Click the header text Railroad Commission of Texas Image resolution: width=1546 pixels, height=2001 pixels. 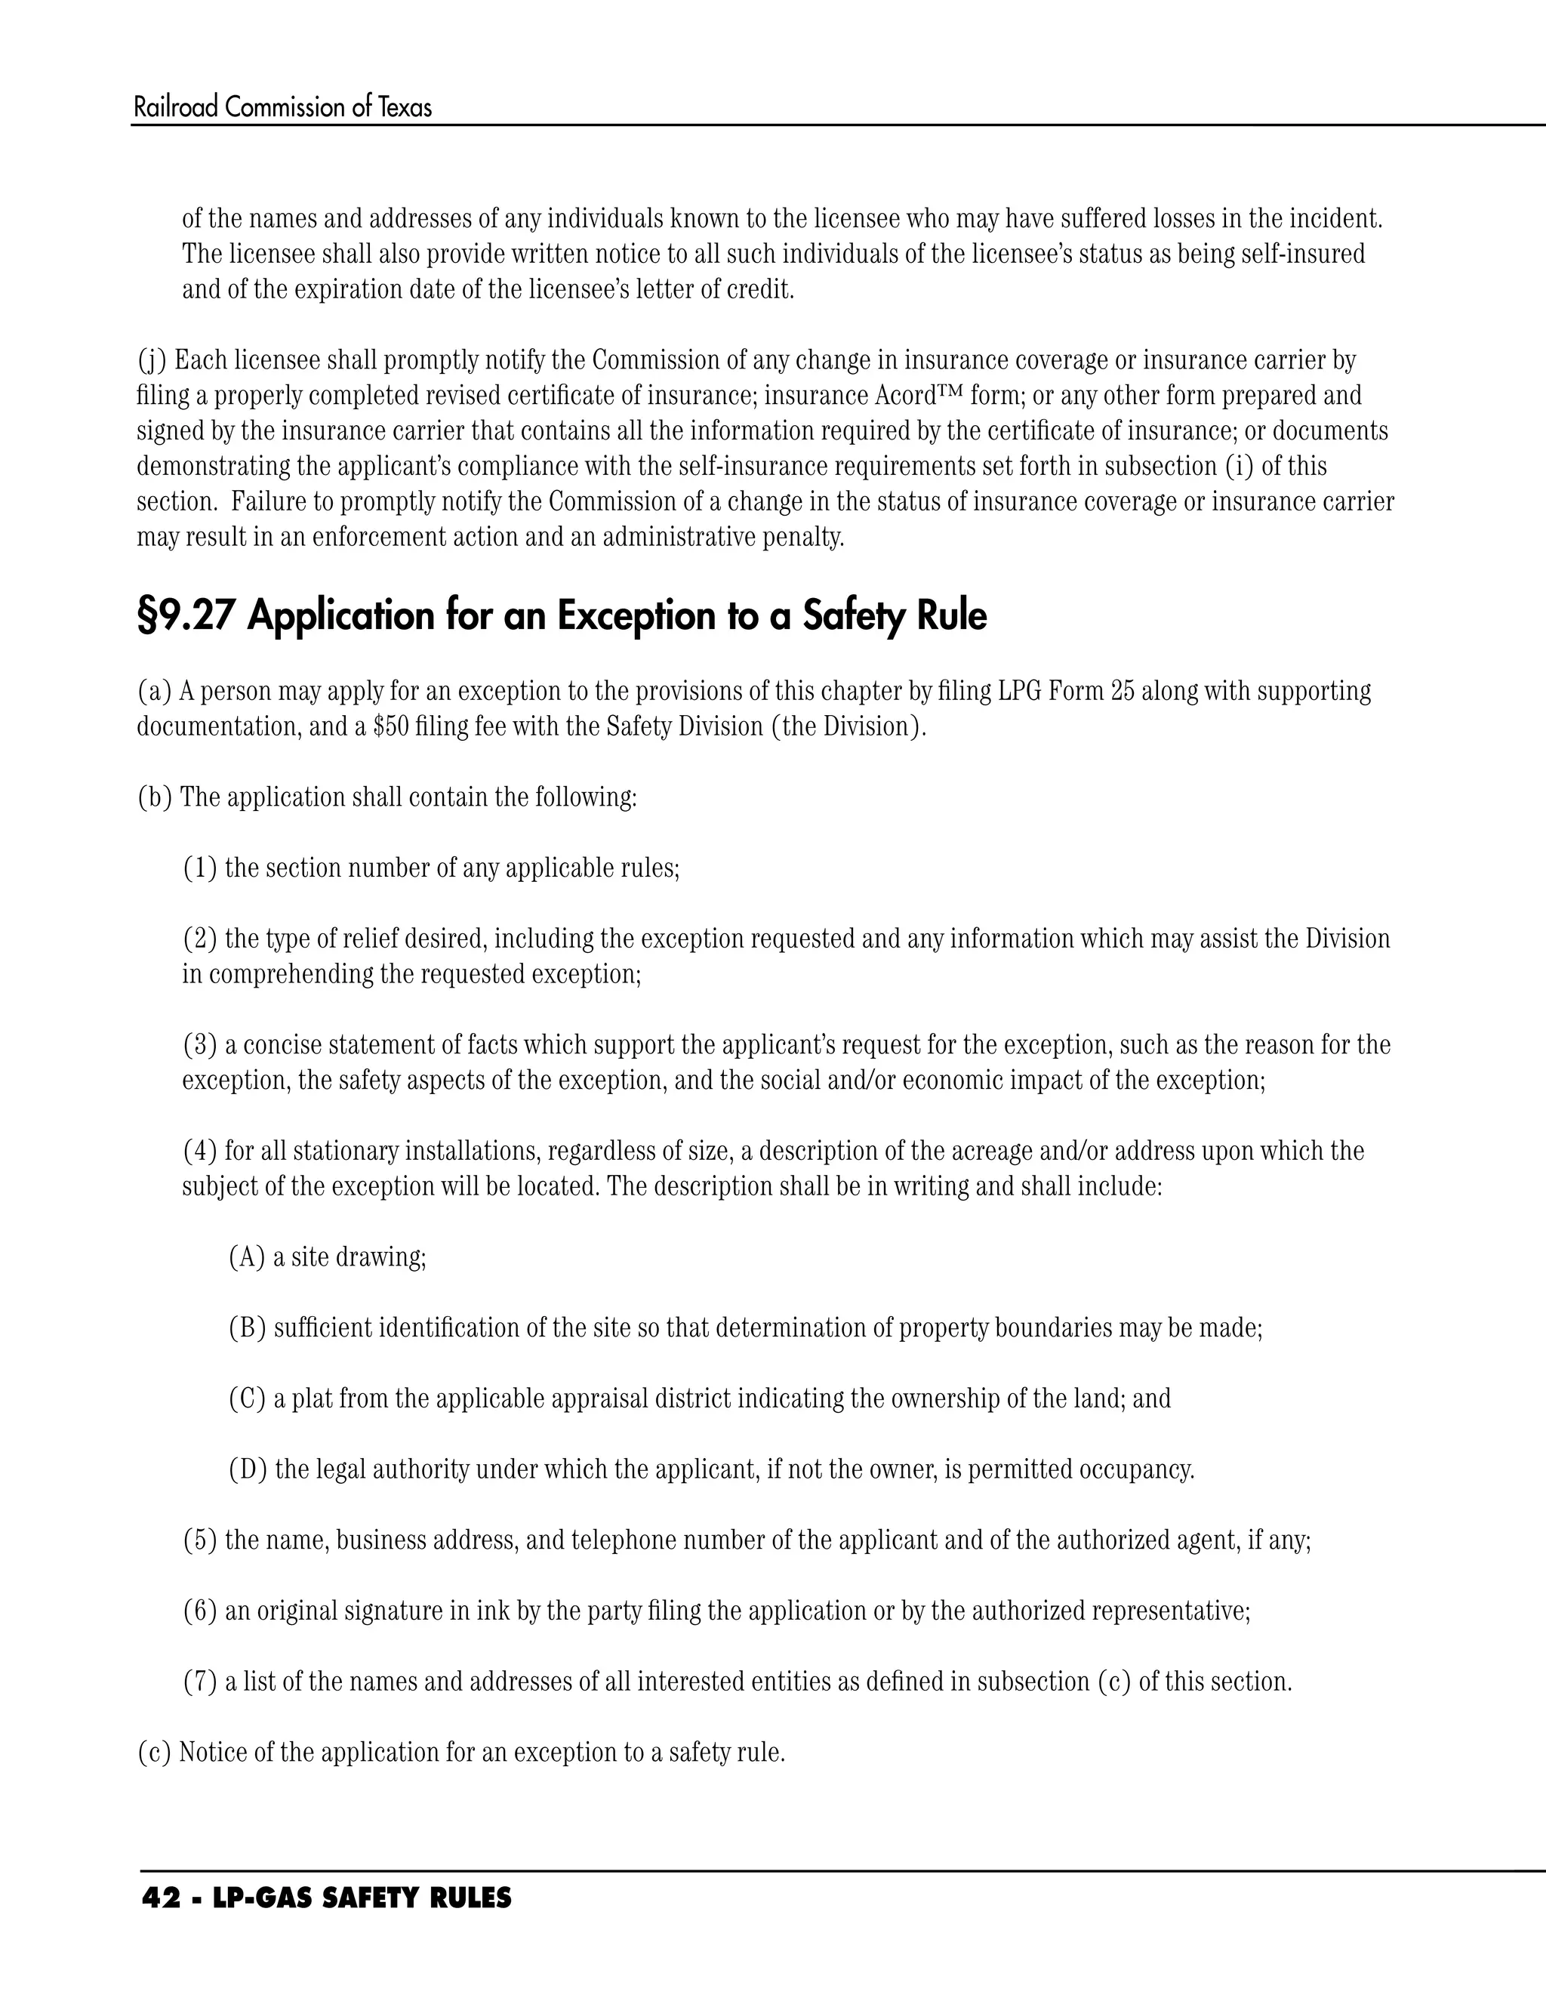282,108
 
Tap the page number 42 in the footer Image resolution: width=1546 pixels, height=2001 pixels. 162,1898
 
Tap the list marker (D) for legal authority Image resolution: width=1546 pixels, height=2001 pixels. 248,1469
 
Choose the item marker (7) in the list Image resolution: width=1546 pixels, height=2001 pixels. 199,1682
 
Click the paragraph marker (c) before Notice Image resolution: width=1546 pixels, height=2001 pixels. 154,1753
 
